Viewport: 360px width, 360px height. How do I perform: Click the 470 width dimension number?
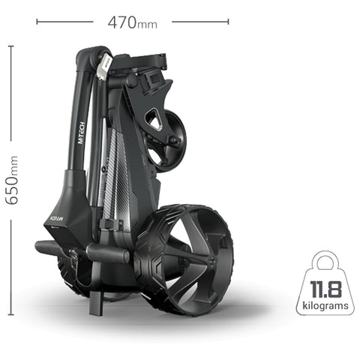pyautogui.click(x=122, y=22)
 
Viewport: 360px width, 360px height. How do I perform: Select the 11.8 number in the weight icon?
pyautogui.click(x=325, y=289)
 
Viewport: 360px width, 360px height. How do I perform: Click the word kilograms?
pyautogui.click(x=325, y=305)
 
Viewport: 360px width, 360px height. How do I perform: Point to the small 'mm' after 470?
pyautogui.click(x=147, y=25)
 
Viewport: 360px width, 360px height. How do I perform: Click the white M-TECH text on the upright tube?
pyautogui.click(x=82, y=133)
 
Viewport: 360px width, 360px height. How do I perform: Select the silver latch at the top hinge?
pyautogui.click(x=103, y=65)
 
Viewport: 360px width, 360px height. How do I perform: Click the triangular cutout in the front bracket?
pyautogui.click(x=153, y=120)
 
